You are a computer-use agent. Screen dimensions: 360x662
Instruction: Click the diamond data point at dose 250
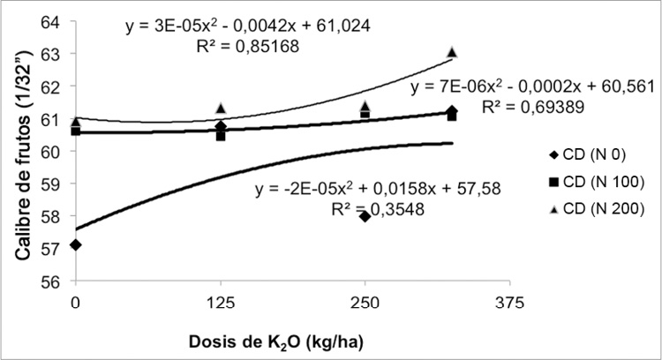[365, 216]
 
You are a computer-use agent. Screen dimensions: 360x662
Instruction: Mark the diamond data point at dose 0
[76, 244]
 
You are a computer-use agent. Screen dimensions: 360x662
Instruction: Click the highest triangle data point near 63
[452, 52]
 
